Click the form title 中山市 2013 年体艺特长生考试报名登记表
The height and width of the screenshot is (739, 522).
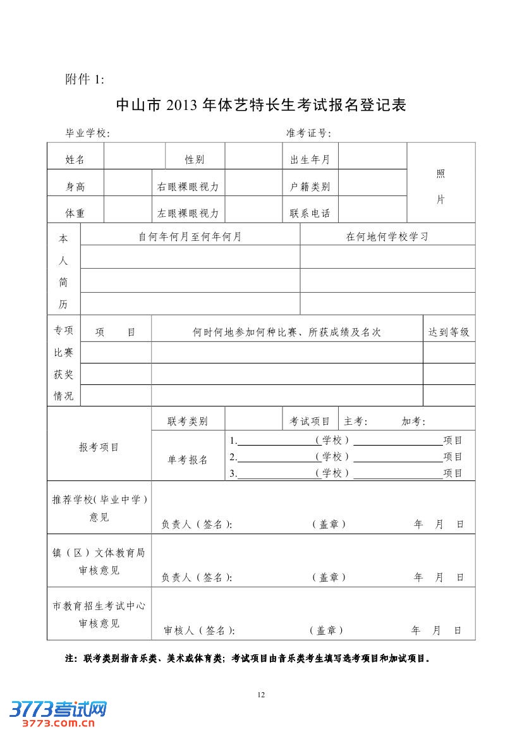[x=261, y=105]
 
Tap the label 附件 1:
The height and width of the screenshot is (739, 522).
[x=85, y=79]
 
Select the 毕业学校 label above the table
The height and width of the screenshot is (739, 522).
[x=88, y=133]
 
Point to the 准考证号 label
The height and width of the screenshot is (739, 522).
[x=308, y=133]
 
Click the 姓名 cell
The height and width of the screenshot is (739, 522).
[x=75, y=160]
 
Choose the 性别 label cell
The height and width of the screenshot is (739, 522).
[x=195, y=160]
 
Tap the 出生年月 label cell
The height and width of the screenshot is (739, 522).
[x=310, y=160]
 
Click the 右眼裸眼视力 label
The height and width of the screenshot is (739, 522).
[x=188, y=187]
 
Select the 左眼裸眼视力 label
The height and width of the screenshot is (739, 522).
[x=188, y=214]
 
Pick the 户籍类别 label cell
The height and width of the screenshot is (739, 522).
[x=310, y=187]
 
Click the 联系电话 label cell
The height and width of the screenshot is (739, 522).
[x=310, y=214]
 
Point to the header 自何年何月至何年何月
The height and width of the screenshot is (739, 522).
[x=190, y=237]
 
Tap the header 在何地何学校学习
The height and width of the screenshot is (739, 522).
[x=387, y=237]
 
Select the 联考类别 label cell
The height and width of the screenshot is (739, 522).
[x=188, y=422]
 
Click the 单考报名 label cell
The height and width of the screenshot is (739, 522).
[x=188, y=460]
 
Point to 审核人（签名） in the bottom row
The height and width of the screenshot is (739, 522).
[x=199, y=630]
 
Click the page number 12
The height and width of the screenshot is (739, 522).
[x=261, y=695]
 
